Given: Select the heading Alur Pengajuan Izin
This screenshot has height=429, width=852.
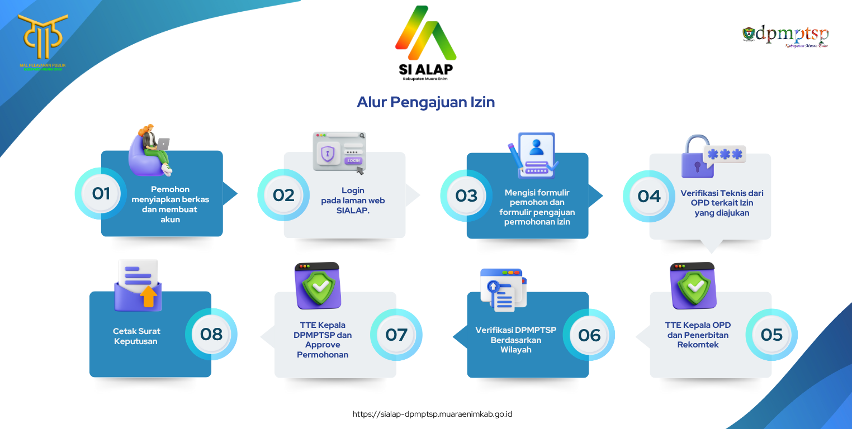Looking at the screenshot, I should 425,103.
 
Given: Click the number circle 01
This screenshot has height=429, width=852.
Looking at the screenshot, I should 101,194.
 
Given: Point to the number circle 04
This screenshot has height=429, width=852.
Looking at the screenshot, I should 649,196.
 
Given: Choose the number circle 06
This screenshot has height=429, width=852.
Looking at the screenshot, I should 589,335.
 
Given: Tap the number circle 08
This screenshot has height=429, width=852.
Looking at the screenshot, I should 211,334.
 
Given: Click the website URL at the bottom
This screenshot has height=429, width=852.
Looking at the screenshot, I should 432,414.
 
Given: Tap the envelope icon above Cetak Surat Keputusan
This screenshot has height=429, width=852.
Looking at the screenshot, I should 138,285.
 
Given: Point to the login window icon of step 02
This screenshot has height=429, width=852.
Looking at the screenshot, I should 339,151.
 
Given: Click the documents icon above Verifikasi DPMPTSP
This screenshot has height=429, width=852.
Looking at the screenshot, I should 503,289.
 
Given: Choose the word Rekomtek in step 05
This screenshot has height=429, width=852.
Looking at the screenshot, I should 698,345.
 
